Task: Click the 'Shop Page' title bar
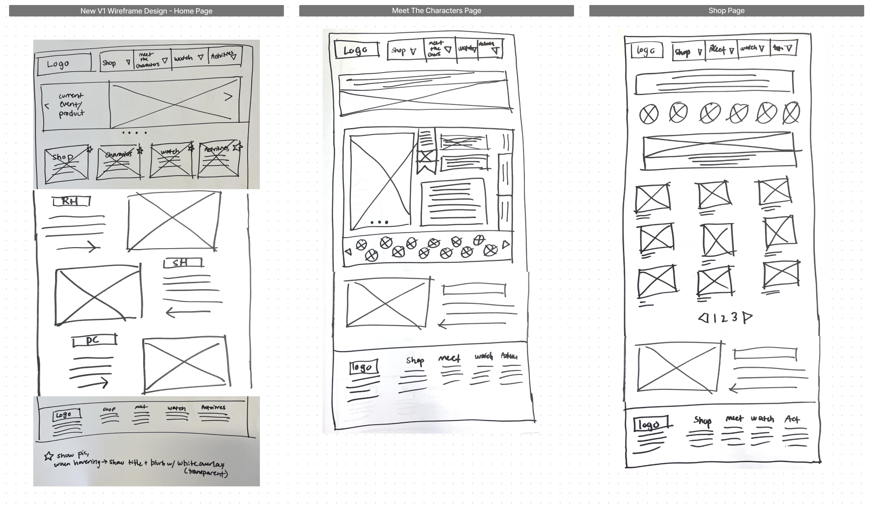726,10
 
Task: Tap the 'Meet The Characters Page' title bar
436,10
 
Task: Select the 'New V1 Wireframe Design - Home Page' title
146,10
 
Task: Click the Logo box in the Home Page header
63,63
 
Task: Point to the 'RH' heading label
71,201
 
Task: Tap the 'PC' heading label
94,341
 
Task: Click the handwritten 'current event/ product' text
71,105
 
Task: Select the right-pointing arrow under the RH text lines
78,247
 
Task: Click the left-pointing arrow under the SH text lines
187,313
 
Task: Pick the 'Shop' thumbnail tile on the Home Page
66,163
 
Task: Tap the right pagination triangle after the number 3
747,317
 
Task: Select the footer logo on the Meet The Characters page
363,367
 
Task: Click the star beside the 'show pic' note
49,456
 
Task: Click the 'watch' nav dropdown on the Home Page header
189,58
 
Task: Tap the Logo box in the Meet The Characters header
357,50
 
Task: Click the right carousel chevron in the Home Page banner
228,96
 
